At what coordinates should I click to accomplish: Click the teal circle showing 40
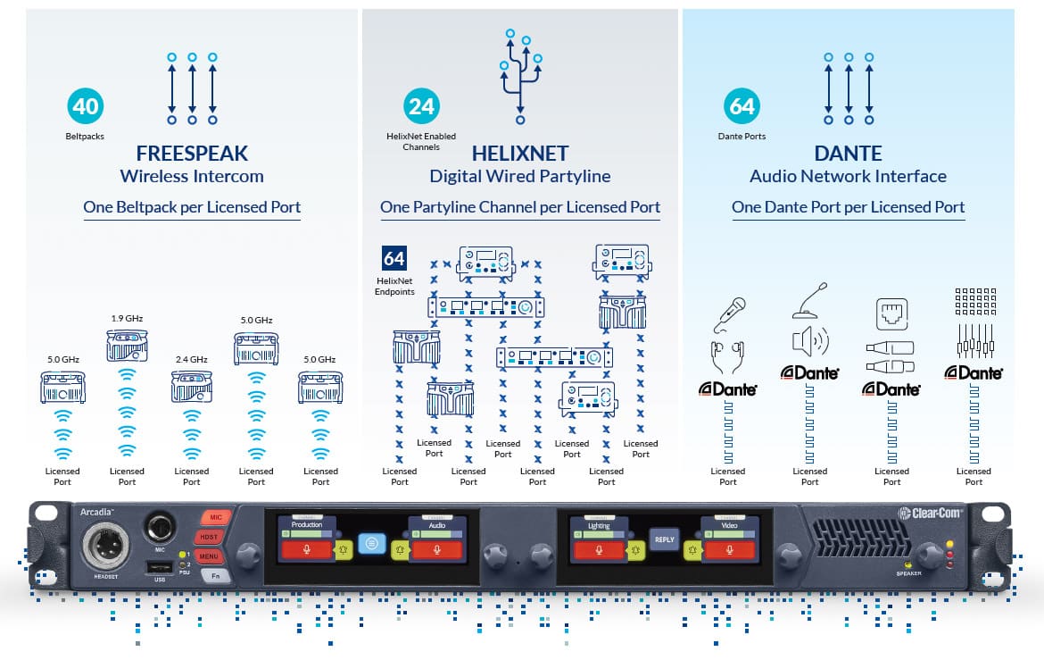pos(86,107)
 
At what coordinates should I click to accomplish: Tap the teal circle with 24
pos(421,107)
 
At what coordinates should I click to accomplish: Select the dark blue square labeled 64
pos(394,259)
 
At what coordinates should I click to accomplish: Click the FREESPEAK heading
pos(192,154)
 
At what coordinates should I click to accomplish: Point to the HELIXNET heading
pos(520,154)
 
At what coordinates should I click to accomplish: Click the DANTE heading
pos(848,154)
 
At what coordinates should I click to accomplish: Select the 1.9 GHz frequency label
pos(127,319)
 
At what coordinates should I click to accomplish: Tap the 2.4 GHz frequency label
pos(192,359)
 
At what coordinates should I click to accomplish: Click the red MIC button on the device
pos(215,518)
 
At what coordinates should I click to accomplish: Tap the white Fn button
pos(215,577)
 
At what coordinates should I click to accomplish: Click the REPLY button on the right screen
pos(664,539)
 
